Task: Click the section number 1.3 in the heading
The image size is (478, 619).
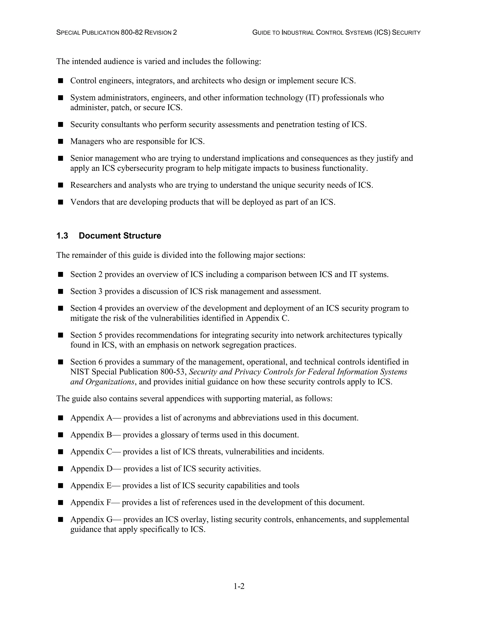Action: point(62,236)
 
